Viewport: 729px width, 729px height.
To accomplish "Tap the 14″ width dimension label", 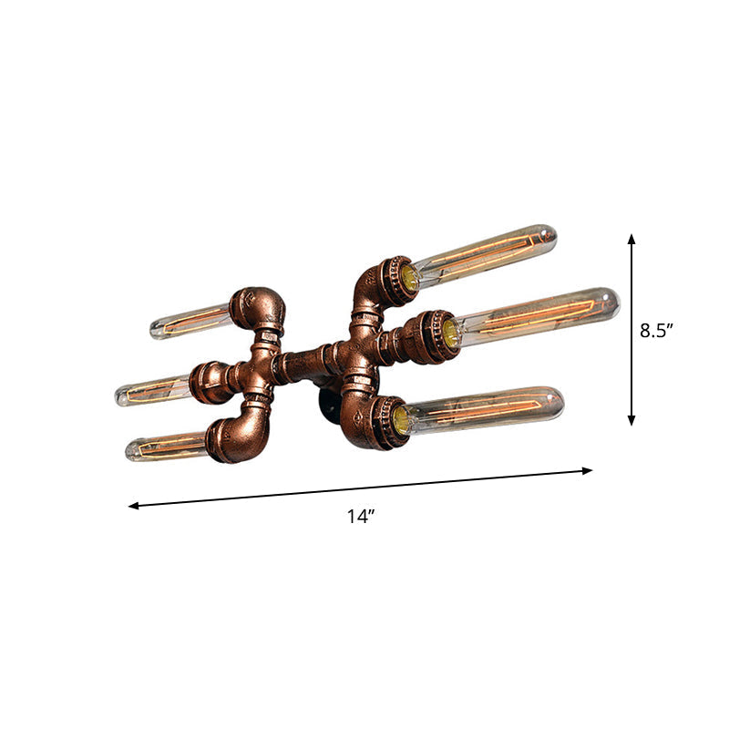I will [x=361, y=517].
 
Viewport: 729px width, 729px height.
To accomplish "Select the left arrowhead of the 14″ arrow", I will [x=133, y=505].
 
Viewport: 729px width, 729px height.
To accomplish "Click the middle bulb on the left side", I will [x=153, y=391].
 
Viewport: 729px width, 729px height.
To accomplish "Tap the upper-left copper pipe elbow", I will [x=257, y=308].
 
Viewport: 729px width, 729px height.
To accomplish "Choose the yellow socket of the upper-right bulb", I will [x=409, y=279].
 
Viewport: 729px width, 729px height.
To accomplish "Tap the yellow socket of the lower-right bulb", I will [x=400, y=419].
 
